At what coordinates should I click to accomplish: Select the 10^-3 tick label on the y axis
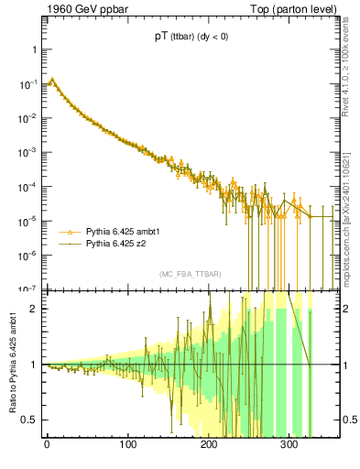tap(29, 152)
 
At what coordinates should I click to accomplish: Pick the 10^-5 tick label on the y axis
tap(29, 221)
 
